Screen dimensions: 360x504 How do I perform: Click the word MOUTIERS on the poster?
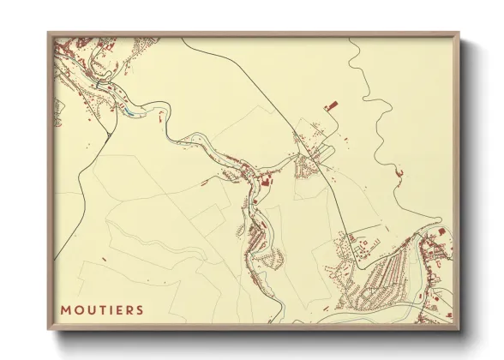pyautogui.click(x=102, y=309)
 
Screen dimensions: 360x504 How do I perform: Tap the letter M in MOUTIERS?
pyautogui.click(x=65, y=309)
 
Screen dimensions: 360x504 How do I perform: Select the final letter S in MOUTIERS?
pyautogui.click(x=140, y=309)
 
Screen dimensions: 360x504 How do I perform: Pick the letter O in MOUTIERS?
pyautogui.click(x=77, y=309)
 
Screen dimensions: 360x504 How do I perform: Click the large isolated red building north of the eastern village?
pyautogui.click(x=331, y=105)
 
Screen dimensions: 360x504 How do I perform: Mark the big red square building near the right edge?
pyautogui.click(x=441, y=231)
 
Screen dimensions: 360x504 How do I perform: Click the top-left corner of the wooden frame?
pyautogui.click(x=49, y=34)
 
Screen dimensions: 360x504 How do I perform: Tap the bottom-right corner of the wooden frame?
pyautogui.click(x=459, y=327)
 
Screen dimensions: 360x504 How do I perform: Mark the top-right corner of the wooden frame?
pyautogui.click(x=459, y=34)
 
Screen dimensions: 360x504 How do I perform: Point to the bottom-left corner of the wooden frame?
pyautogui.click(x=49, y=327)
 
